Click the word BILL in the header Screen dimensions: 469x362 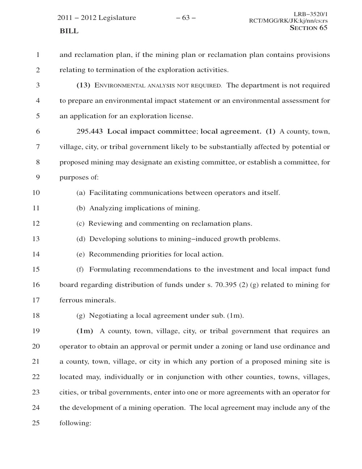69,31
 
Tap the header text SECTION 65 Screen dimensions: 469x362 308,28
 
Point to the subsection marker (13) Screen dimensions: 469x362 83,86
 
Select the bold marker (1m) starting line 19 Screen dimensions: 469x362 85,331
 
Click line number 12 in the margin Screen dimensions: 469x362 36,224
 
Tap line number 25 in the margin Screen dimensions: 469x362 36,423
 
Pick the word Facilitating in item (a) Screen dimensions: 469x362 108,193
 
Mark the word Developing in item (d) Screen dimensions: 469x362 108,239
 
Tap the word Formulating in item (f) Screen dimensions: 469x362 109,270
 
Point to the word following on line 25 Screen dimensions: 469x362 75,423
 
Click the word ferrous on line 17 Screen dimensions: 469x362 71,300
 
